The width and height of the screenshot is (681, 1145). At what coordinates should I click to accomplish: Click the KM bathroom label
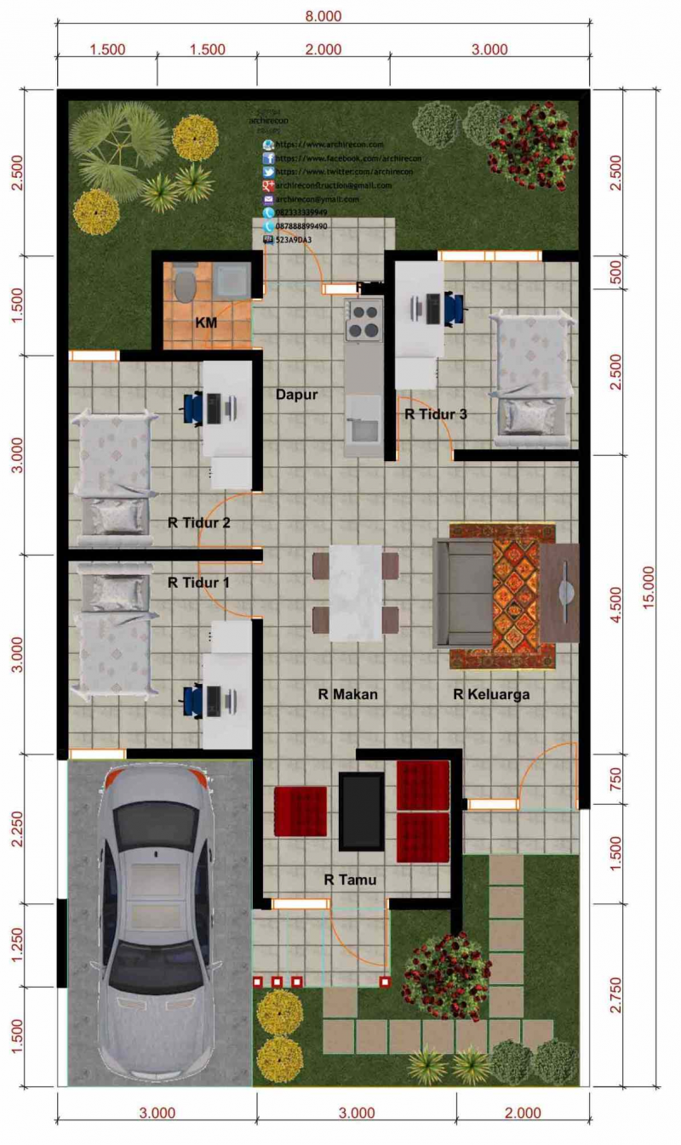coord(206,323)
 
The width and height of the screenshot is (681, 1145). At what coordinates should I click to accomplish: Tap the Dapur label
coord(296,395)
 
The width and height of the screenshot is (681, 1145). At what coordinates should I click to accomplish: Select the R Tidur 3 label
coord(436,414)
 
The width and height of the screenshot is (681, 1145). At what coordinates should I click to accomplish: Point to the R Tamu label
coord(350,880)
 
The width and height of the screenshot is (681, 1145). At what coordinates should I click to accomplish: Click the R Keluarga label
coord(491,694)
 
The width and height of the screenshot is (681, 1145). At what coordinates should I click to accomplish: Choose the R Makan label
coord(347,694)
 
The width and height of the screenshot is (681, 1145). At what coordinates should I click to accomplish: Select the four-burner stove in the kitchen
coord(363,321)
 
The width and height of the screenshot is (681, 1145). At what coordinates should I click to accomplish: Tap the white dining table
coord(356,593)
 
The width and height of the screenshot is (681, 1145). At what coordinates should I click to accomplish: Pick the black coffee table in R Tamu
coord(361,811)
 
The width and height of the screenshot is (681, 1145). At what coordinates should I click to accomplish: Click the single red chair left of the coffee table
coord(300,812)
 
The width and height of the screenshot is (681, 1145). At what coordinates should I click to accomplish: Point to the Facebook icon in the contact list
coord(268,159)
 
